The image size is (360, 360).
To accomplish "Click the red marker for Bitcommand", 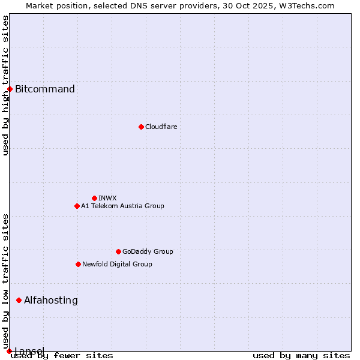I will point(10,89).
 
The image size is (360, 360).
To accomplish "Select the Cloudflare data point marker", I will point(141,127).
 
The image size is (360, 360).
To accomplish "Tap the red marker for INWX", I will point(94,198).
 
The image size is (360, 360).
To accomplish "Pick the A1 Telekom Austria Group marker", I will point(77,206).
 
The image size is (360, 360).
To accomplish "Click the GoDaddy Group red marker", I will point(118,251).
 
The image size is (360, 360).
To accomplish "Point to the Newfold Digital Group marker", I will point(78,264).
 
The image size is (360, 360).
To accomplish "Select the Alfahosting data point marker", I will point(19,300).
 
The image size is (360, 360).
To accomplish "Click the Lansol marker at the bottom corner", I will point(9,351).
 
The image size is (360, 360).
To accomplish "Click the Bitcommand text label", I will point(45,89).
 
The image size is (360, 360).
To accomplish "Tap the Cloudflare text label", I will point(161,127).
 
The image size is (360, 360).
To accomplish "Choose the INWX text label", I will point(107,198).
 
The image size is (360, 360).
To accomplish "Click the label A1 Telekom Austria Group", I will point(122,206).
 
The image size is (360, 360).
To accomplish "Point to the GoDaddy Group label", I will point(148,251).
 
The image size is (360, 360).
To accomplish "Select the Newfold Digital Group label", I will point(117,264).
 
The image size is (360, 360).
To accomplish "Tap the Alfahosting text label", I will point(51,300).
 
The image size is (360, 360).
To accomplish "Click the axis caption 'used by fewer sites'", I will point(62,355).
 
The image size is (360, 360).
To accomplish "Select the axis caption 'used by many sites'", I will point(301,355).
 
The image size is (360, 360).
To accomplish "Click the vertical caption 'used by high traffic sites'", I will point(6,85).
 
